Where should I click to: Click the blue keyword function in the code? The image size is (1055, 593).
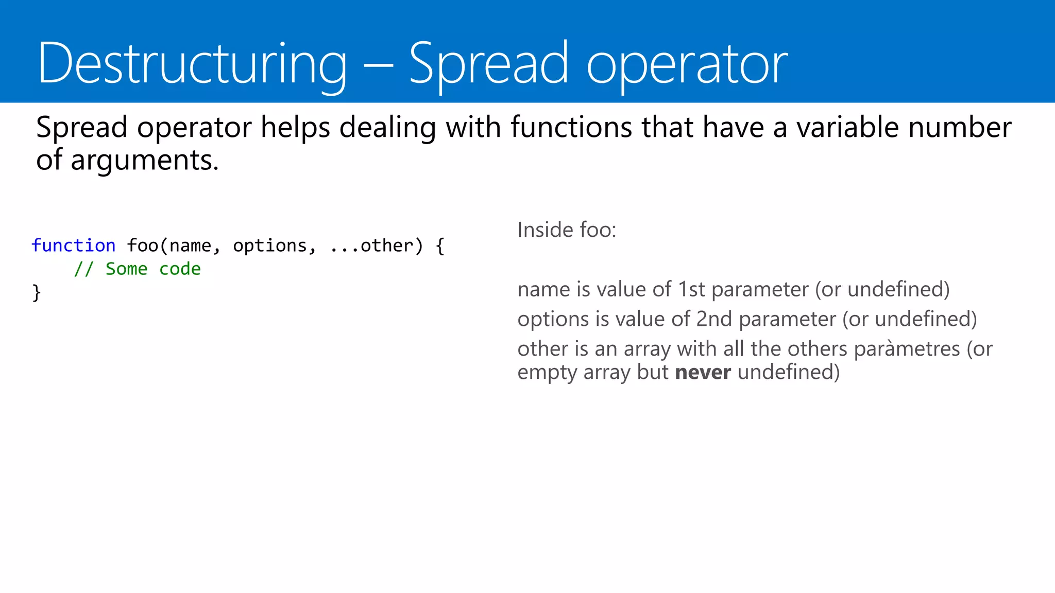coord(73,246)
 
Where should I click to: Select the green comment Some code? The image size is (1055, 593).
coord(153,269)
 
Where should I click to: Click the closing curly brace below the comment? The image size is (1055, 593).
coord(36,292)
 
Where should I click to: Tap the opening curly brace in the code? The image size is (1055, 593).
coord(439,246)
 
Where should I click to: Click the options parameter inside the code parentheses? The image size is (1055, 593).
coord(270,246)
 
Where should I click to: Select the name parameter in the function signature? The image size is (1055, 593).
coord(190,246)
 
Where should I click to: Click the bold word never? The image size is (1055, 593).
coord(703,372)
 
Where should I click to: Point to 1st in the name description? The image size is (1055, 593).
coord(691,289)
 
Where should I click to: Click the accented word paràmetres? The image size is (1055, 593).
coord(907,349)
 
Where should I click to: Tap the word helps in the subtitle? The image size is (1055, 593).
coord(295,127)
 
